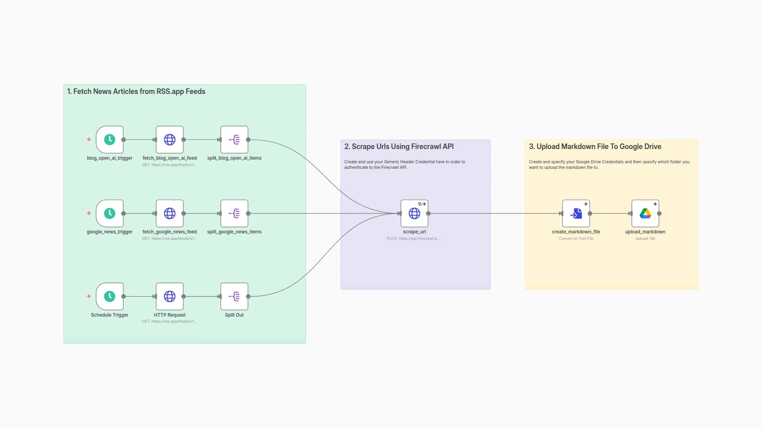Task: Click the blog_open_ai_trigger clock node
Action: tap(110, 139)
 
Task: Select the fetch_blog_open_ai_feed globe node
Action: tap(169, 139)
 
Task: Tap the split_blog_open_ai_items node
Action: tap(234, 139)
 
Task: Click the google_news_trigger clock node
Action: tap(110, 213)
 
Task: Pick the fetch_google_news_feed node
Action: tap(169, 213)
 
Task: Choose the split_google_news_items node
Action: tap(234, 213)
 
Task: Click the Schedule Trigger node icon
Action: tap(110, 296)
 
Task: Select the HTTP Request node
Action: tap(169, 296)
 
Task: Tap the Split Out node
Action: tap(234, 296)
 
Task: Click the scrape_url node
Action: tap(414, 213)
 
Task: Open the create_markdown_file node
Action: tap(576, 213)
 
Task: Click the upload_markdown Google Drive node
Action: tap(645, 213)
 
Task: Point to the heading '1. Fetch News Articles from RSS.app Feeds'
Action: tap(136, 92)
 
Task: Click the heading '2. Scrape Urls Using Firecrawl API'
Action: tap(399, 147)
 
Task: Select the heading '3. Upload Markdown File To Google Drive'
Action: tap(595, 147)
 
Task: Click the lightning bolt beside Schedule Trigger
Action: tap(89, 296)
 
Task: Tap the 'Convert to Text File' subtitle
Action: tap(576, 239)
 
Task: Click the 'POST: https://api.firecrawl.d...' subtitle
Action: tap(413, 239)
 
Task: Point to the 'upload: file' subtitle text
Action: tap(645, 239)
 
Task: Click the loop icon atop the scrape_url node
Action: tap(420, 204)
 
